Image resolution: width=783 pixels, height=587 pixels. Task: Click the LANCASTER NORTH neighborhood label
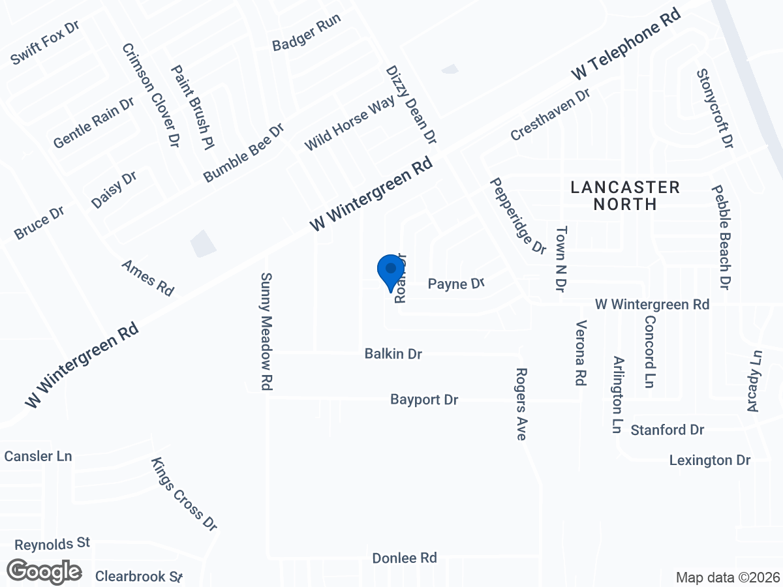coord(625,196)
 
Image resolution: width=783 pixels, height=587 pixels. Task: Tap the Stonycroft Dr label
coord(715,109)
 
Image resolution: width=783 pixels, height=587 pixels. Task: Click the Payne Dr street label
coord(456,284)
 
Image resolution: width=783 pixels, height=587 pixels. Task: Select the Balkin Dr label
coord(393,354)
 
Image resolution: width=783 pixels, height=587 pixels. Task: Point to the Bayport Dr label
coord(424,399)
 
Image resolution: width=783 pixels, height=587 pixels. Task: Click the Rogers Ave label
coord(521,404)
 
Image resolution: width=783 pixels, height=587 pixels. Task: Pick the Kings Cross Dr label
coord(184,494)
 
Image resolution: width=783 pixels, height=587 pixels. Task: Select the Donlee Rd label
coord(404,558)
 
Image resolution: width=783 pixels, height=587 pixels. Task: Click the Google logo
coord(44,571)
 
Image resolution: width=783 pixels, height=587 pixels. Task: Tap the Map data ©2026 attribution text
coord(728,578)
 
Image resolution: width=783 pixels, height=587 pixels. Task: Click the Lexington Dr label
coord(710,460)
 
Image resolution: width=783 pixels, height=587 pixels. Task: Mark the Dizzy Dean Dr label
coord(410,104)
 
